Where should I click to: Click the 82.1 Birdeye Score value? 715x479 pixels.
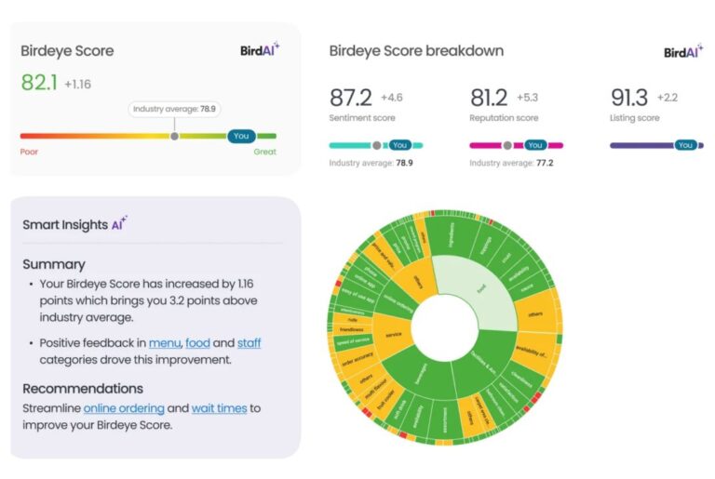(x=39, y=83)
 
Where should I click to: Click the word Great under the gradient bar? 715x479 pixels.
(x=264, y=151)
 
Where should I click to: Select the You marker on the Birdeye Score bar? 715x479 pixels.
(x=241, y=136)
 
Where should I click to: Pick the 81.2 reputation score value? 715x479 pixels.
(x=490, y=98)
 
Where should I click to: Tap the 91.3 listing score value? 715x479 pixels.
(x=629, y=98)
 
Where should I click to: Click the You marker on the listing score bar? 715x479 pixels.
(x=685, y=145)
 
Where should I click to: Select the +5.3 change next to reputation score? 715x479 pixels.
(x=529, y=98)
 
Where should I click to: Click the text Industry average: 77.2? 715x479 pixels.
(x=511, y=163)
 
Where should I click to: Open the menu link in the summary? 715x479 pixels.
(x=163, y=342)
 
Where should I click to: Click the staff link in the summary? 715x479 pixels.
(x=249, y=342)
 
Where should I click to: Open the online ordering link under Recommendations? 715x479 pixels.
(x=124, y=408)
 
